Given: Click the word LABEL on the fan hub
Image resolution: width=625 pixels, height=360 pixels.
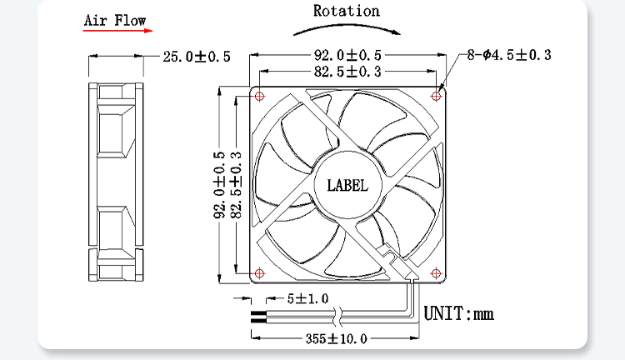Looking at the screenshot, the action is (x=347, y=185).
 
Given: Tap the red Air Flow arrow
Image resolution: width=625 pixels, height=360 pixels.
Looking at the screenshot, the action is (x=118, y=30).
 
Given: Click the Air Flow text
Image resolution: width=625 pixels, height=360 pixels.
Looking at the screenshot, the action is (x=115, y=20).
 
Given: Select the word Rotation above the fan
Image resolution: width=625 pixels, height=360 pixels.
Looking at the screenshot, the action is (x=347, y=11).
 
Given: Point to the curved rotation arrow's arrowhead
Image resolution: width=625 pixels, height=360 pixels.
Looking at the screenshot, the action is (x=396, y=32).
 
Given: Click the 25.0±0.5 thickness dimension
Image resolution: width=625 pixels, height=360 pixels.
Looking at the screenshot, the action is (x=197, y=57).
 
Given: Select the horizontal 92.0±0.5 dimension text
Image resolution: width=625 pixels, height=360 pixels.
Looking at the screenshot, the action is (x=347, y=55).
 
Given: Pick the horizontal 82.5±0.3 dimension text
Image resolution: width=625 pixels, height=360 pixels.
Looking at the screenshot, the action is (x=347, y=72).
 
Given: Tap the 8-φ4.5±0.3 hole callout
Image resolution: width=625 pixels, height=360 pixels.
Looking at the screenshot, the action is (x=509, y=55).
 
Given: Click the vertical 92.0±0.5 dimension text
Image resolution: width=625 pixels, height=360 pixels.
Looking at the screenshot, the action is (x=220, y=185).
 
